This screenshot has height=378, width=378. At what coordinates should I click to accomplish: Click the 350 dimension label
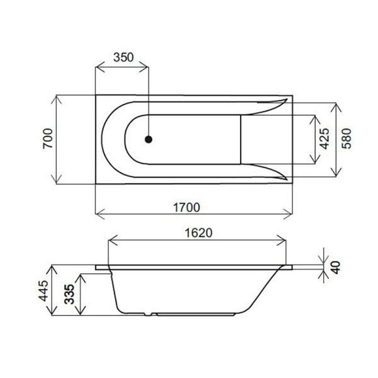point(123,57)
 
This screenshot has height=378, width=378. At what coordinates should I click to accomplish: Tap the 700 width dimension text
point(47,139)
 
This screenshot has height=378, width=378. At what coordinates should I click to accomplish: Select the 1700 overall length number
point(186,207)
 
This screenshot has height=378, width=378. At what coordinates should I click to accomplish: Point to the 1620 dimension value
point(198,233)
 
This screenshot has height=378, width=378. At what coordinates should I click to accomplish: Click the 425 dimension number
point(324,139)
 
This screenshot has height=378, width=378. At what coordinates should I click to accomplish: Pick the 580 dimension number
point(346,139)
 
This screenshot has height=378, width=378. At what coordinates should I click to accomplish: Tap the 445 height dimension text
point(43,290)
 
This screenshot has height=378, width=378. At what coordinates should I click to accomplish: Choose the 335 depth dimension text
point(69,294)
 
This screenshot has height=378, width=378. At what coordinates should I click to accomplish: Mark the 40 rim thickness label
point(335,267)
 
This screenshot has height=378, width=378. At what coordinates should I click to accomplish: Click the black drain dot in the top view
point(149,139)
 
